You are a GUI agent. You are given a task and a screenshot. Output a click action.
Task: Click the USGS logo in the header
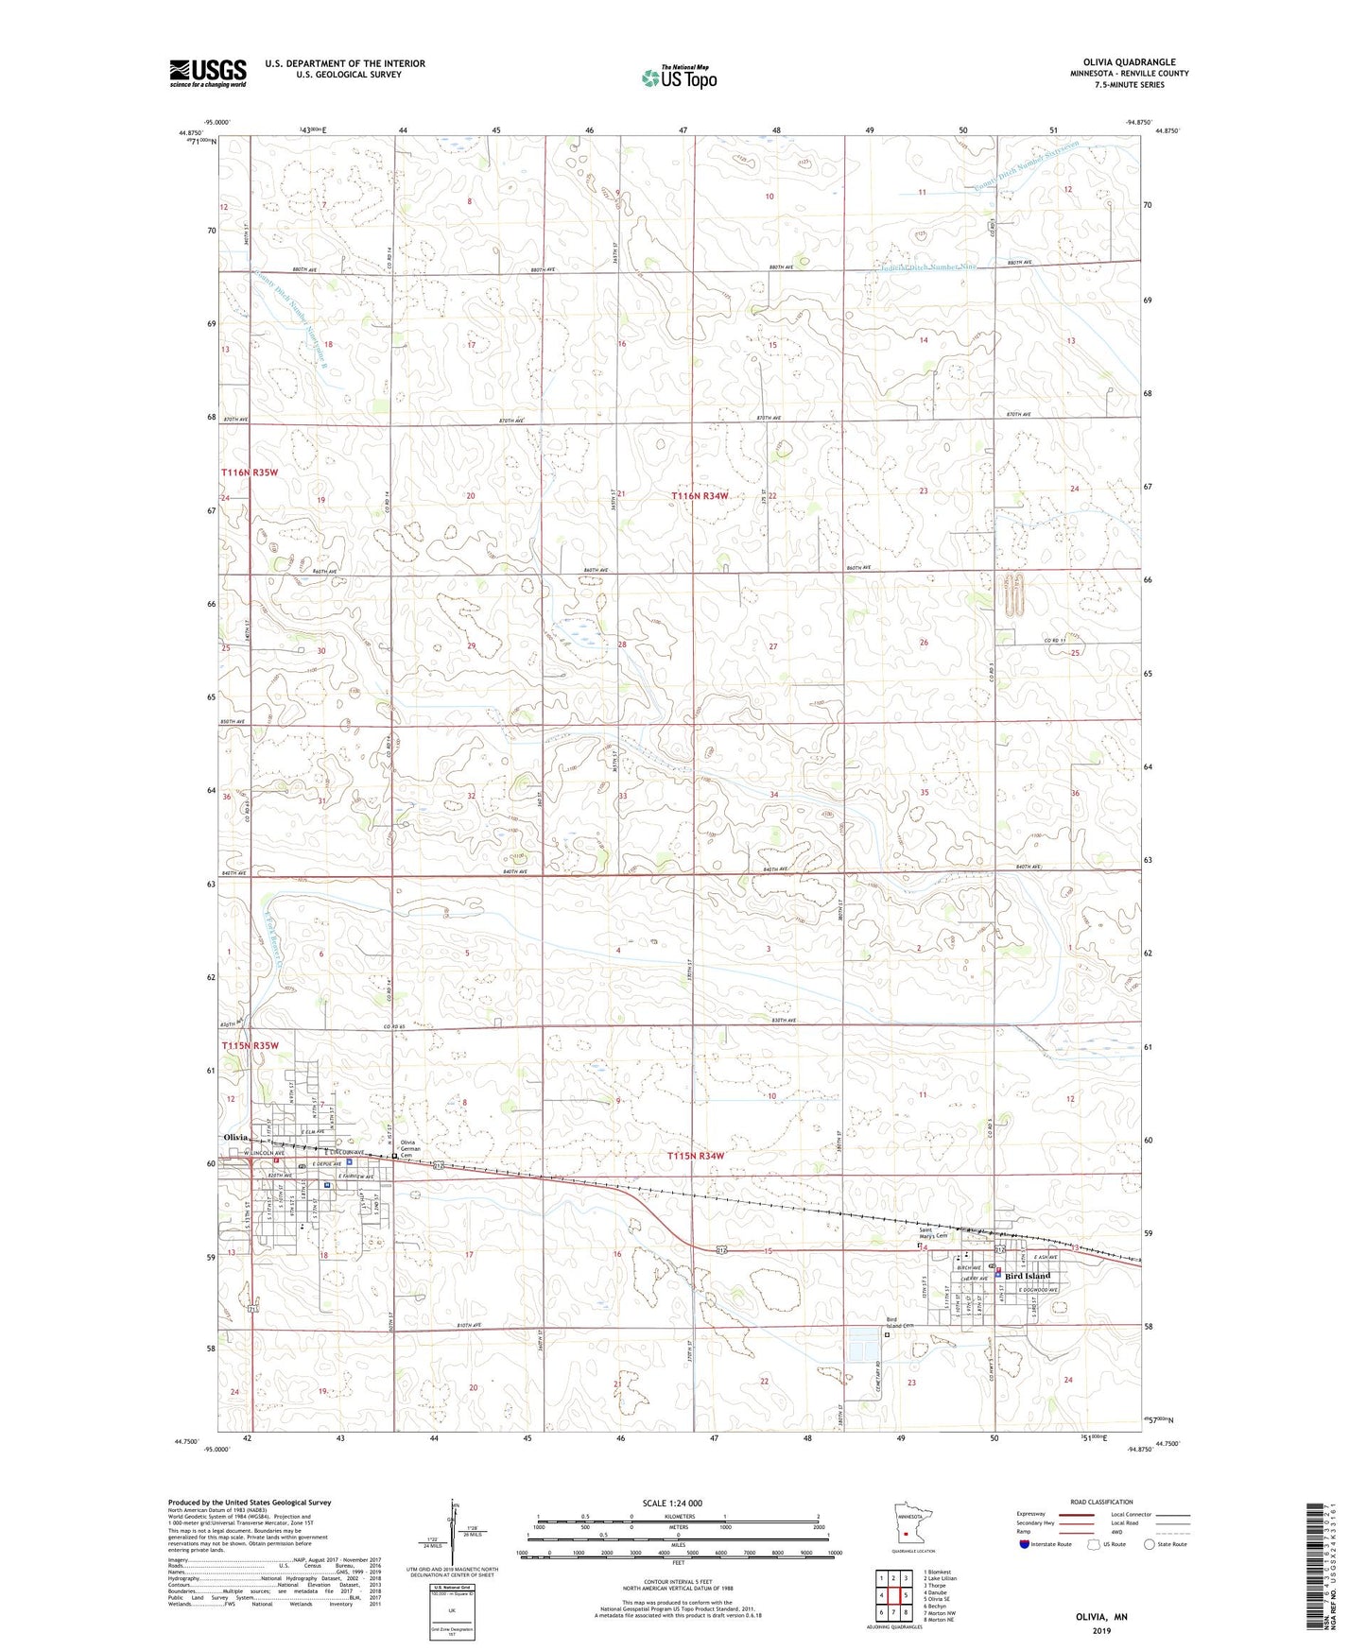point(207,73)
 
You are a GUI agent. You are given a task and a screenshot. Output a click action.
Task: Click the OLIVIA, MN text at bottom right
point(1101,1617)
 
